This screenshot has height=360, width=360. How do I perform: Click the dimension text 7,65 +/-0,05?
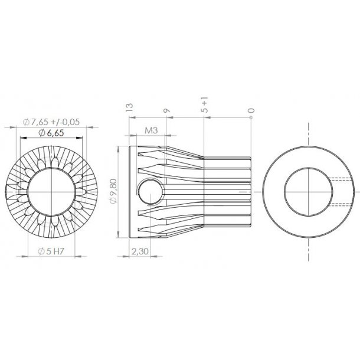(x=51, y=122)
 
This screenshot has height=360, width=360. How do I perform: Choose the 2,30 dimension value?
(x=139, y=251)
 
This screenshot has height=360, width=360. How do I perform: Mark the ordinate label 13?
(x=129, y=106)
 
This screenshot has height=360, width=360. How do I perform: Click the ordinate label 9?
(x=166, y=109)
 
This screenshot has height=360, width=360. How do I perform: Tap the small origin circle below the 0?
(x=251, y=118)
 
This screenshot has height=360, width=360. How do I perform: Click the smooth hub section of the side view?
(x=227, y=192)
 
